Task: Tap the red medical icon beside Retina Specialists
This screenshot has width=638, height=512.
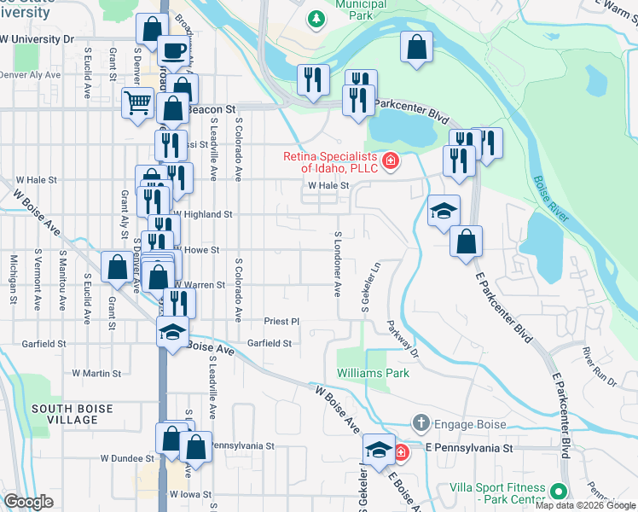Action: click(x=391, y=160)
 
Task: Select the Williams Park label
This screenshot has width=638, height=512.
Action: click(x=373, y=373)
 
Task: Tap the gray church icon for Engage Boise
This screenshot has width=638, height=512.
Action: click(x=420, y=423)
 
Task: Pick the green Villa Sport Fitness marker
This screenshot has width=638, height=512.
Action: click(x=558, y=492)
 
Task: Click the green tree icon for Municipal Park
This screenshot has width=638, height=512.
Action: click(x=316, y=18)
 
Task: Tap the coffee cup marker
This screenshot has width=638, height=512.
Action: click(x=175, y=51)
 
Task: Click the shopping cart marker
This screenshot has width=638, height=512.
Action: click(x=136, y=104)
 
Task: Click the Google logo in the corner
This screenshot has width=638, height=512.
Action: click(x=28, y=502)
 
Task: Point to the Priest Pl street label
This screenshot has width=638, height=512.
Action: click(x=282, y=322)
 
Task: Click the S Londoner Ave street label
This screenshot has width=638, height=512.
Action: click(x=338, y=264)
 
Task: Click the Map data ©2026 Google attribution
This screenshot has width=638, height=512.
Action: click(x=586, y=505)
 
